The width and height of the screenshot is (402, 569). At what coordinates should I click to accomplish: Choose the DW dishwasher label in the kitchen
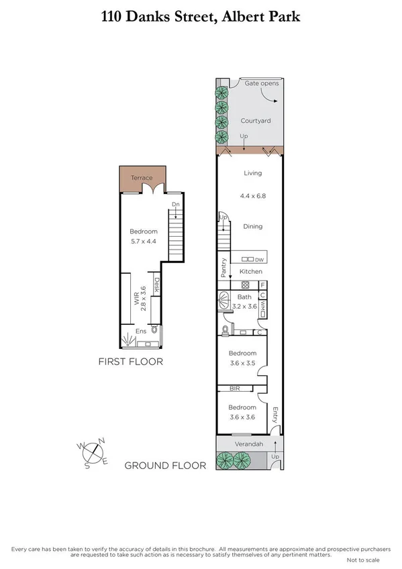(258, 259)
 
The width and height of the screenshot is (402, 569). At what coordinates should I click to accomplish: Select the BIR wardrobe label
(235, 389)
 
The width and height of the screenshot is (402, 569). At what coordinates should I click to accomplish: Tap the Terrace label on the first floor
(142, 178)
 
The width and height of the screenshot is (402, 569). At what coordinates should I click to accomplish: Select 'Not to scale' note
(362, 559)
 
